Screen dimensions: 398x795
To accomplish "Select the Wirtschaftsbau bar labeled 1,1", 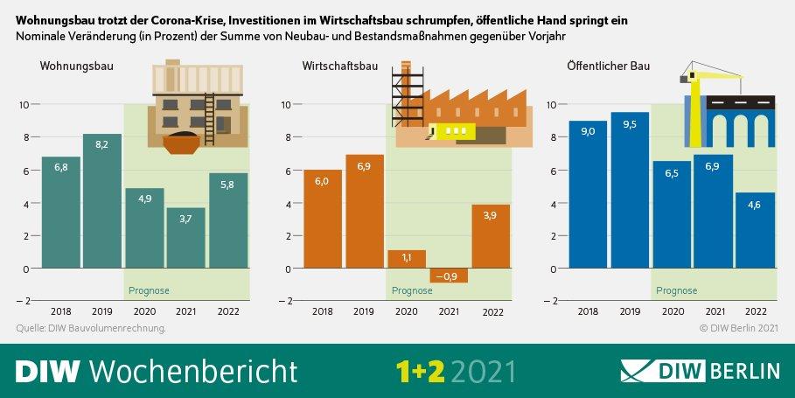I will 407,259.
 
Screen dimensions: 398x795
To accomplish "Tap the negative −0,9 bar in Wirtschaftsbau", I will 449,275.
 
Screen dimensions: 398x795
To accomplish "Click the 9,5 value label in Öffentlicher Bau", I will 630,123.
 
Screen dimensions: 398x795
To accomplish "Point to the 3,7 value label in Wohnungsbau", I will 185,218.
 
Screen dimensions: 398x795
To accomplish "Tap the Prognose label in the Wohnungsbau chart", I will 149,290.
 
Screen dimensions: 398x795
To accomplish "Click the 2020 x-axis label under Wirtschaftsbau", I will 407,312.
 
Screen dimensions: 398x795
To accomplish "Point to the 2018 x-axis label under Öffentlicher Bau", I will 588,312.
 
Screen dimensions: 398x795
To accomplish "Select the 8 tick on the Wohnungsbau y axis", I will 25,136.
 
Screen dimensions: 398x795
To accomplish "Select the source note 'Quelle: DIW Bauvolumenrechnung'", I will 91,329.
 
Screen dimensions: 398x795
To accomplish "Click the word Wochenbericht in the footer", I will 193,370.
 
